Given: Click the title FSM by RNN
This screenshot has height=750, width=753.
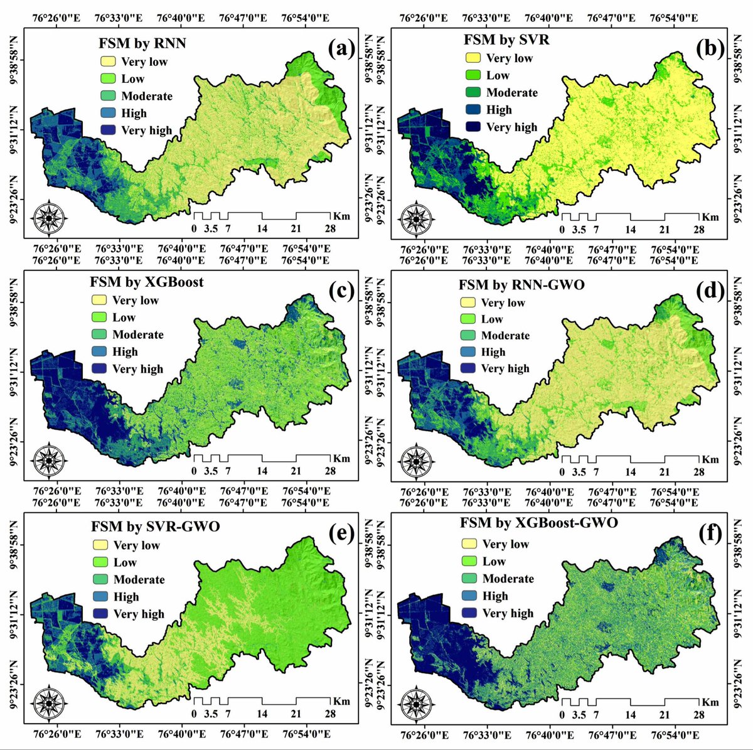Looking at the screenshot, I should (x=142, y=44).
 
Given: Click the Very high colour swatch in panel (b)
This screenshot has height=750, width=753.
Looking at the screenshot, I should (x=473, y=127).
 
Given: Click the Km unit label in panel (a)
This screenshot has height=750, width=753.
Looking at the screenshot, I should (x=341, y=217).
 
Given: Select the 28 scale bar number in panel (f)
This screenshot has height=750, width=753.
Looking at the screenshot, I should (x=698, y=715).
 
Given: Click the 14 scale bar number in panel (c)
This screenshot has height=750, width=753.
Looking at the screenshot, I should (x=262, y=471).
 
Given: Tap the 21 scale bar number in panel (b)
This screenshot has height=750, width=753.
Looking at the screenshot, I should (x=665, y=230).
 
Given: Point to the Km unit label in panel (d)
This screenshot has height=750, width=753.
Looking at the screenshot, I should (x=710, y=459).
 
